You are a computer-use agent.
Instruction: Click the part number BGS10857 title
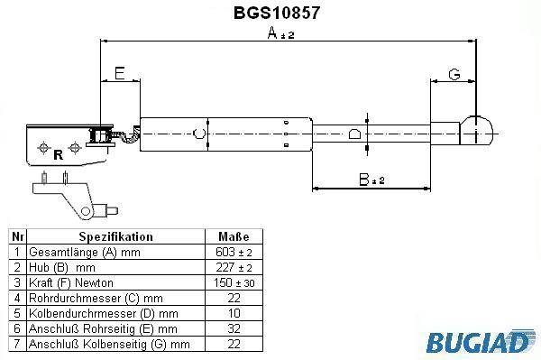click(x=277, y=13)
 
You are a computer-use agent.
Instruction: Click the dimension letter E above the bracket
click(x=119, y=73)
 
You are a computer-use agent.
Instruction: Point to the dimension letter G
click(x=454, y=74)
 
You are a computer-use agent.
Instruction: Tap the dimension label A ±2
click(x=280, y=33)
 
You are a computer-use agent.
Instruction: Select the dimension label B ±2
click(x=371, y=180)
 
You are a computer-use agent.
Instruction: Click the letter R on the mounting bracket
click(x=59, y=155)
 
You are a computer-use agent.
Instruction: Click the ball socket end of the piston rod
click(x=476, y=131)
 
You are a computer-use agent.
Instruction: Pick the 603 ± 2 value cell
click(x=234, y=252)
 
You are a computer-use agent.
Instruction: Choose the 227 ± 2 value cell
click(x=234, y=267)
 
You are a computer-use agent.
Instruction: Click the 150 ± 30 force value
click(x=234, y=282)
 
